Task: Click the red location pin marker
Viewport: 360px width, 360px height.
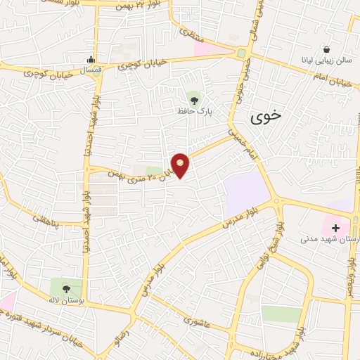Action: point(181,165)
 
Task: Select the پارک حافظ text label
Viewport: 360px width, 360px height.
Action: point(195,110)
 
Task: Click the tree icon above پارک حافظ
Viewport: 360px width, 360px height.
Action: point(194,99)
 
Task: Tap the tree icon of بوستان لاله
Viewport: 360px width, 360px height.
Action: point(66,288)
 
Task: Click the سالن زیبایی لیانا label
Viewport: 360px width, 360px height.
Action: point(327,61)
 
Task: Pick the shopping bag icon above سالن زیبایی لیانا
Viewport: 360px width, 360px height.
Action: point(327,50)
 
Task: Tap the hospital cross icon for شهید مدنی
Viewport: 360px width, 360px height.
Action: point(335,228)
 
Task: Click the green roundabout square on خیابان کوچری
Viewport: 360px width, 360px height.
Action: point(241,53)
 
